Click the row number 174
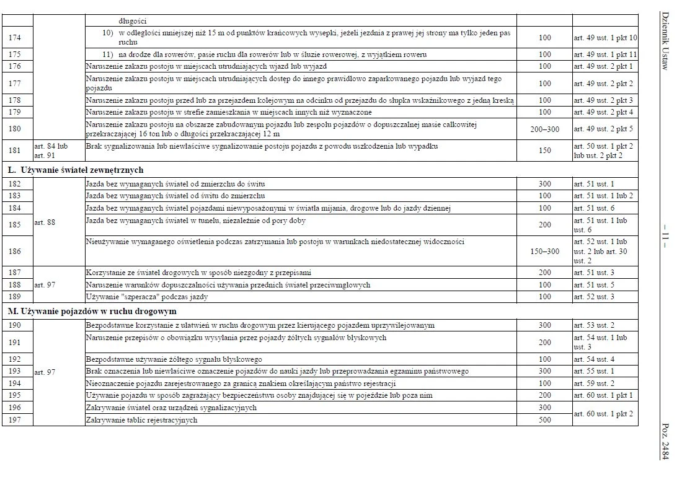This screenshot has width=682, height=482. coord(15,38)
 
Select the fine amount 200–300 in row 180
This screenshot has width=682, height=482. coord(544,129)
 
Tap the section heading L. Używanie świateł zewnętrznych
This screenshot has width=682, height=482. coord(76,170)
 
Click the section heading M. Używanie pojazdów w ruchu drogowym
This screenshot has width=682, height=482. coord(92,311)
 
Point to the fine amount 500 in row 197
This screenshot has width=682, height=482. coord(544,420)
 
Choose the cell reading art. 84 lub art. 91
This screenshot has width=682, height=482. coord(51,151)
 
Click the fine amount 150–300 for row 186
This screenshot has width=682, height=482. coord(544,252)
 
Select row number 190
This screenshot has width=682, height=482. coord(15,325)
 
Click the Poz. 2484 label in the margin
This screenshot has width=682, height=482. coord(665,441)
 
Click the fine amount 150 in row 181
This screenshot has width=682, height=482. coord(544,151)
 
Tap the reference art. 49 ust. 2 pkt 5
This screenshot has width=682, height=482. coord(603,129)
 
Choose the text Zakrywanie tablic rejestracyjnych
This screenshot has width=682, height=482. coord(141,420)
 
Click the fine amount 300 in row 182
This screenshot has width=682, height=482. coord(544,184)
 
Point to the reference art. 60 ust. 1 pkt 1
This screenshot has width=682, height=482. coord(603,395)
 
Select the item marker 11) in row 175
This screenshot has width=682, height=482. coord(108,55)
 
